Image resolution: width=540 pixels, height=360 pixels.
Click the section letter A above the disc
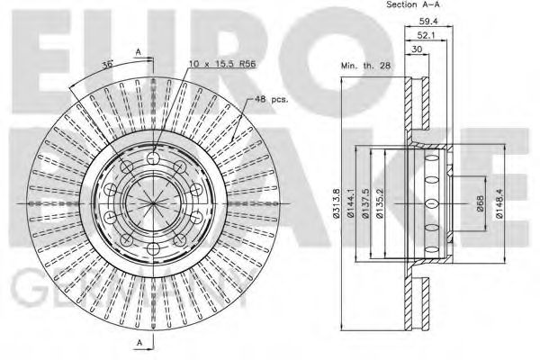pyautogui.click(x=138, y=53)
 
